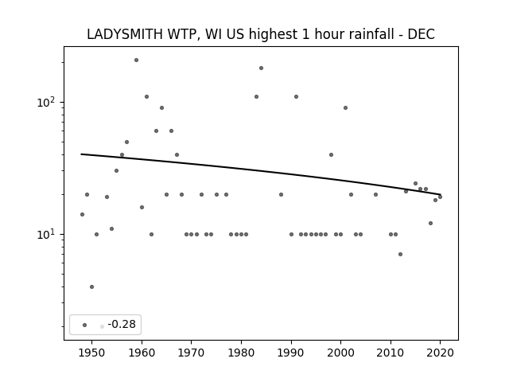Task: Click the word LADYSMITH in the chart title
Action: click(x=124, y=34)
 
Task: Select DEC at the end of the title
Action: click(x=421, y=34)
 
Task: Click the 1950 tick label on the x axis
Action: click(x=92, y=353)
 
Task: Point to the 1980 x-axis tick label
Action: click(x=241, y=353)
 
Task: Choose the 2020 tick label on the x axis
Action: click(x=440, y=353)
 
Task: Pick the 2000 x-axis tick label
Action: click(x=340, y=353)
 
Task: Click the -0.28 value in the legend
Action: click(x=122, y=324)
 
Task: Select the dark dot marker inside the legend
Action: click(x=85, y=325)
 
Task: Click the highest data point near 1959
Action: click(x=136, y=60)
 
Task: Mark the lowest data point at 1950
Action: click(x=92, y=286)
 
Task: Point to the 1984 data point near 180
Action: click(x=262, y=68)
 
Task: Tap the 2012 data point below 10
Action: click(x=400, y=255)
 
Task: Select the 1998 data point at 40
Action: click(x=331, y=155)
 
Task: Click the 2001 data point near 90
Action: click(x=345, y=108)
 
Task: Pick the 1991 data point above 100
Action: click(x=296, y=97)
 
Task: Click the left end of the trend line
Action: click(x=81, y=154)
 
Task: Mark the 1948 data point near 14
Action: click(x=82, y=214)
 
